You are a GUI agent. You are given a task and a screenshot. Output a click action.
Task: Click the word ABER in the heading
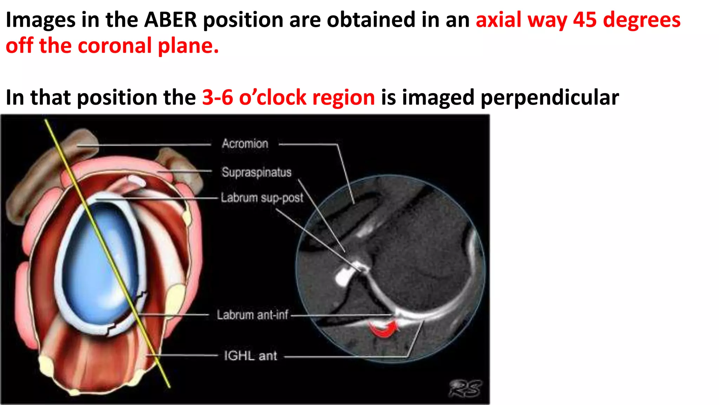[x=171, y=20]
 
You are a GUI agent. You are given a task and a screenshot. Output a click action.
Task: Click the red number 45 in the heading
[x=585, y=20]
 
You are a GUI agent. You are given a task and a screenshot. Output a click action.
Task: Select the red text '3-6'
[x=217, y=97]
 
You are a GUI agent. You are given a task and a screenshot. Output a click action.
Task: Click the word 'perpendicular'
[x=549, y=98]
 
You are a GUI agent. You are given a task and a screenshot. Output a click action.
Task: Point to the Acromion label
[x=245, y=143]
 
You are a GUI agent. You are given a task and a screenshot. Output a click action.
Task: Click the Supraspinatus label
[x=256, y=172]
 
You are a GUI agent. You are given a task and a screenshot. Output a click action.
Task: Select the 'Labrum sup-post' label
[x=262, y=198]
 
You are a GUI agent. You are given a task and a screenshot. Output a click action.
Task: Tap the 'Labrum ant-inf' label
[x=252, y=315]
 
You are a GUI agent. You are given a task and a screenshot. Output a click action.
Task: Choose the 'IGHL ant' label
[x=250, y=356]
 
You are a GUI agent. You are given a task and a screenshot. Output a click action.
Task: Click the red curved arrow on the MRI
[x=383, y=329]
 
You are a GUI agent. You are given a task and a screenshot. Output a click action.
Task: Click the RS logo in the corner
[x=465, y=388]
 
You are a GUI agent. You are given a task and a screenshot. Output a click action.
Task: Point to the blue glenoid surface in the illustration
[x=95, y=260]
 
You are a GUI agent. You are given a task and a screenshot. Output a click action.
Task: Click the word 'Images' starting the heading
[x=40, y=20]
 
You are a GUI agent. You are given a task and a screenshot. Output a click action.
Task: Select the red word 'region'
[x=343, y=98]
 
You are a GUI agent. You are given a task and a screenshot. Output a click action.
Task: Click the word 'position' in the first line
[x=243, y=20]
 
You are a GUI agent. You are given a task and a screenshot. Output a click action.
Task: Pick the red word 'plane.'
[x=188, y=46]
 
